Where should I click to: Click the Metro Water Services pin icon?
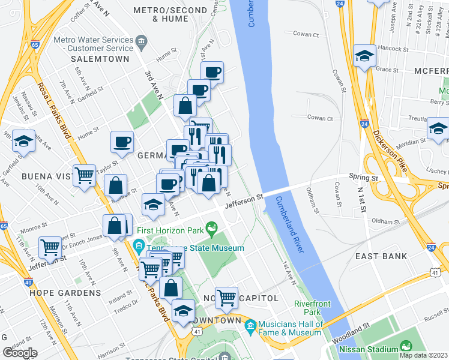click(x=142, y=41)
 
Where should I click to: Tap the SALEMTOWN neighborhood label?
click(x=100, y=59)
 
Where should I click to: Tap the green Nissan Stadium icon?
click(x=406, y=349)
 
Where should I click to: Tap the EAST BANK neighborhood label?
click(x=381, y=256)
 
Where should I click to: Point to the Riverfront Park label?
click(x=312, y=308)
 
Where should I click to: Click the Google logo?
click(x=20, y=352)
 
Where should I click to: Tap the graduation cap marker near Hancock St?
click(x=364, y=56)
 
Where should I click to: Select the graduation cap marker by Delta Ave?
click(x=23, y=142)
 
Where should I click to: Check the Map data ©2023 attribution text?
click(x=422, y=355)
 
